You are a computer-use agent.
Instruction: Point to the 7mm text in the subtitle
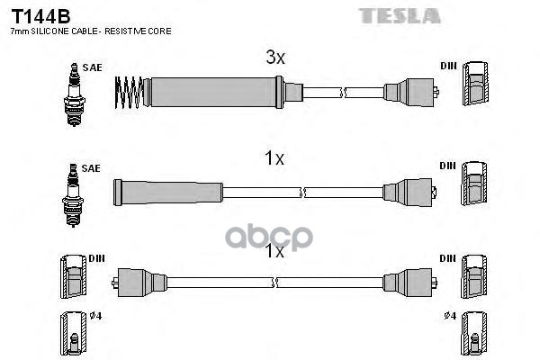coord(16,31)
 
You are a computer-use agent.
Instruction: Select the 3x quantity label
coord(274,58)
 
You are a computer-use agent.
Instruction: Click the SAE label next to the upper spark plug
coord(92,67)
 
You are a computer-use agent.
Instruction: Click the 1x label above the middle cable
coord(274,159)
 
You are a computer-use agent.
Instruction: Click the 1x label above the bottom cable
coord(274,253)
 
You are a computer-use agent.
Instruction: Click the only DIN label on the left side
coord(96,257)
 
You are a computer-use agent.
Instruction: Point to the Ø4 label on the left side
coord(96,316)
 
